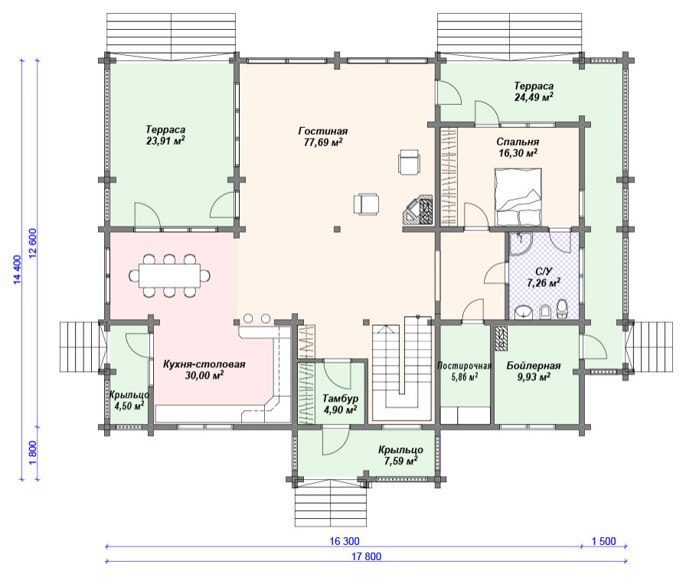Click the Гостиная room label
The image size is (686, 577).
coord(323,131)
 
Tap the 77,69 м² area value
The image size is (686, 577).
coord(323,142)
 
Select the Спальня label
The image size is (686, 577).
coord(518,142)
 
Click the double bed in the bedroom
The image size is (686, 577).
coord(518,197)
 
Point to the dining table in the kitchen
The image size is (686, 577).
coord(169,275)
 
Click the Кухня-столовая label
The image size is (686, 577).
coord(204,364)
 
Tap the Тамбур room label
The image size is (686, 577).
coord(341,399)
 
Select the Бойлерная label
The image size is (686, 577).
coord(534,366)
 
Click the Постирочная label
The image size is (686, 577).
coord(464,366)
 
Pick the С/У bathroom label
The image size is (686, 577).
coord(544,272)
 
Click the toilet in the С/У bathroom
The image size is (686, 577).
coord(562,308)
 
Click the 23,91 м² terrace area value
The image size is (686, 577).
coord(165,141)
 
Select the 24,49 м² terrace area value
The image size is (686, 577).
coord(534,97)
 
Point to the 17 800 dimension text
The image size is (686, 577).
coord(366,556)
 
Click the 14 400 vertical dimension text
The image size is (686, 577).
coord(17,269)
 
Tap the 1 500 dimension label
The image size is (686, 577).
coord(604,541)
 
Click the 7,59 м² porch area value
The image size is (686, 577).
coord(400,461)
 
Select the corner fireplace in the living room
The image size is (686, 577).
coord(418,210)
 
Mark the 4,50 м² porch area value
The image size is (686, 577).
coord(129,406)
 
